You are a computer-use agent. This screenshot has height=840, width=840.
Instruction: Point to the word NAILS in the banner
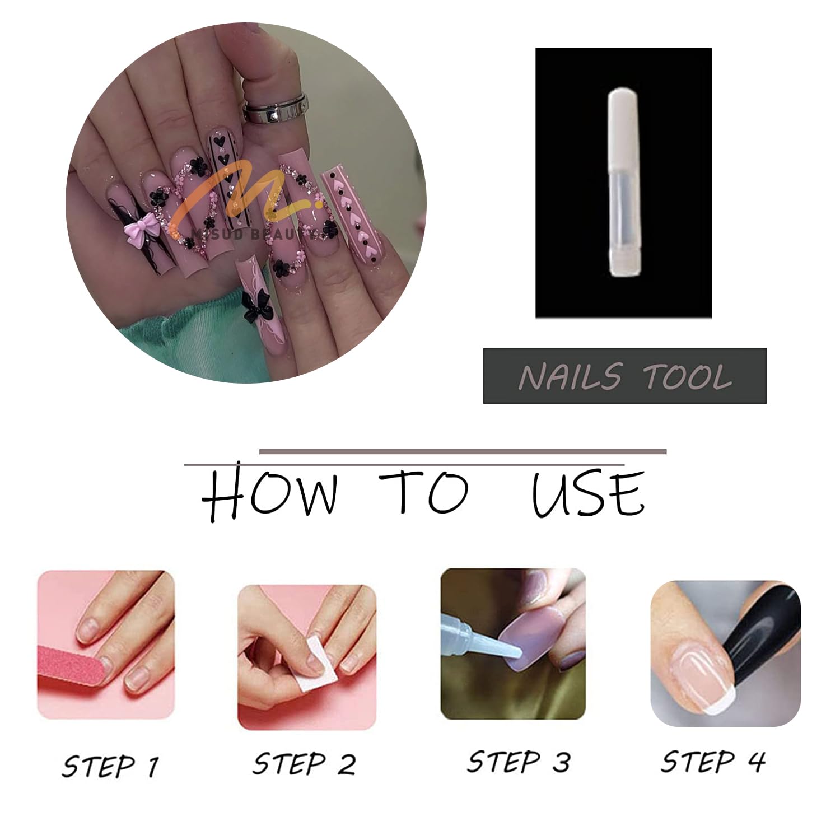pyautogui.click(x=570, y=376)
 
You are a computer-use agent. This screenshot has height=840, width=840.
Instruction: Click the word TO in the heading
pyautogui.click(x=423, y=491)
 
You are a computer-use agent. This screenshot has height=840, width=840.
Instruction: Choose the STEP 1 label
pyautogui.click(x=111, y=766)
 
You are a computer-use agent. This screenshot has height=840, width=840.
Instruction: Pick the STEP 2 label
pyautogui.click(x=304, y=764)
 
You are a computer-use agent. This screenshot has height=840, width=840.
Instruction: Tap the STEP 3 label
pyautogui.click(x=519, y=762)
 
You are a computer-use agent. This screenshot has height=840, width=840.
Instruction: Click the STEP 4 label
pyautogui.click(x=713, y=762)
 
